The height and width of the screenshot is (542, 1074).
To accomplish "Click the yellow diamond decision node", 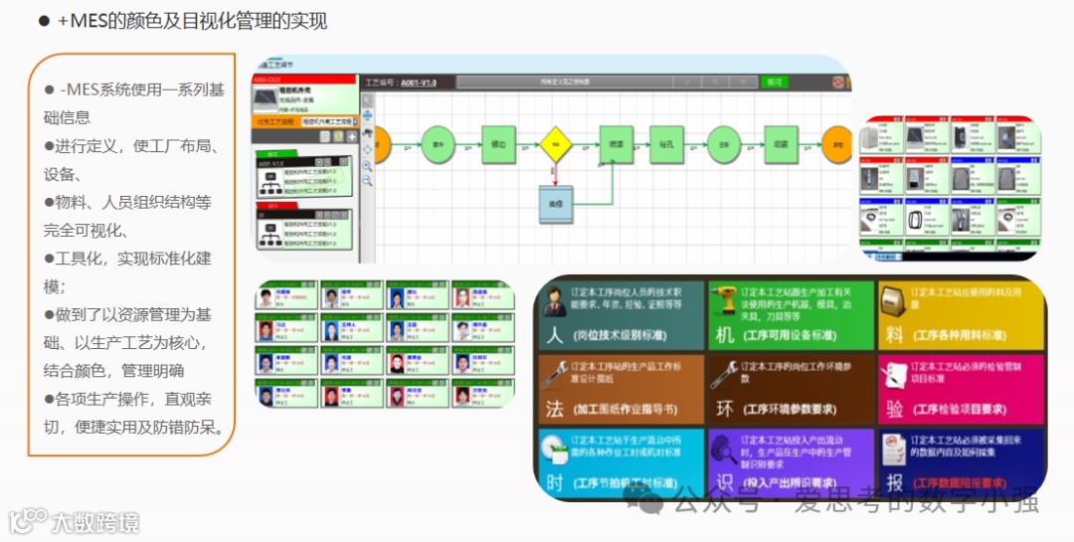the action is tap(557, 144).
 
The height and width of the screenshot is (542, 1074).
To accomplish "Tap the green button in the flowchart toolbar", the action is tap(773, 82).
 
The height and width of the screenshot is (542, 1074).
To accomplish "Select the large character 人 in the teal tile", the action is tap(554, 334).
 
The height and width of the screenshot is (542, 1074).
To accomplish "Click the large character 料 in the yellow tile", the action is tap(894, 334).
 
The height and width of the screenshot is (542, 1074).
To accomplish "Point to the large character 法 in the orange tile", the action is tap(554, 408).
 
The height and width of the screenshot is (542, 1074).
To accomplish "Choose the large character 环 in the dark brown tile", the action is tap(724, 408).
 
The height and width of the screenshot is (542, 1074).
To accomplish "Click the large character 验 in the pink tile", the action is tap(894, 408).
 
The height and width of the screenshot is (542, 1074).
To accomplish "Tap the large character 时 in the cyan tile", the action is tap(554, 482).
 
